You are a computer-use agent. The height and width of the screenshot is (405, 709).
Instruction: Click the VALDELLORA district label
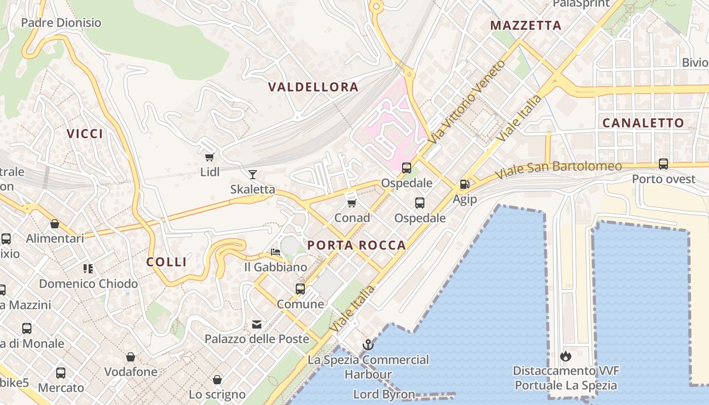point(313,87)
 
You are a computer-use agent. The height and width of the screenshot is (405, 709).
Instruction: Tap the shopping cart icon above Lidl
point(209,157)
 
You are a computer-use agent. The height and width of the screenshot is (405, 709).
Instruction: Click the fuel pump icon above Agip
point(464,184)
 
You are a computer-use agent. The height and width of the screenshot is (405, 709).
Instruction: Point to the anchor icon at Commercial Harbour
point(368,345)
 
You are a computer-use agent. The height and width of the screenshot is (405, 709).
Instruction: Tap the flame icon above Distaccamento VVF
point(566,356)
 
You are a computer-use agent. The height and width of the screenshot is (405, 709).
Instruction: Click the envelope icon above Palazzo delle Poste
point(257,324)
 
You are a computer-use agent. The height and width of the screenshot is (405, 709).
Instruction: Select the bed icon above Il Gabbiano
point(275,252)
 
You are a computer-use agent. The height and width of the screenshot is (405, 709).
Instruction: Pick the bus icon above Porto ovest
point(663,164)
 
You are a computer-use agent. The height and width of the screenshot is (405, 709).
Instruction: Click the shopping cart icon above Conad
point(352,203)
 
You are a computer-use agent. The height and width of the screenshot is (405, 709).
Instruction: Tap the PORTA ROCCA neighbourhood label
point(357,246)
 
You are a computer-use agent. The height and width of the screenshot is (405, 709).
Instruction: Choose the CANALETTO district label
point(643,123)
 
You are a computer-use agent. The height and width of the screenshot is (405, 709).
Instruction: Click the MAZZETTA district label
point(526,25)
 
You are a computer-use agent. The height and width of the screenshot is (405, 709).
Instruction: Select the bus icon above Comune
point(300,289)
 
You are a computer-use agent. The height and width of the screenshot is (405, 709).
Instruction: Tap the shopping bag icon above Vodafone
point(131,357)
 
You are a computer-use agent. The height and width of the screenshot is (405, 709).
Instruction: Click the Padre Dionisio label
point(61,23)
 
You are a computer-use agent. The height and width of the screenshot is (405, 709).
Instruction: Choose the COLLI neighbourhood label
point(167,262)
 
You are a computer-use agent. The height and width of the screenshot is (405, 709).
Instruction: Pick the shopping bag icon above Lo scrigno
point(217,380)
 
